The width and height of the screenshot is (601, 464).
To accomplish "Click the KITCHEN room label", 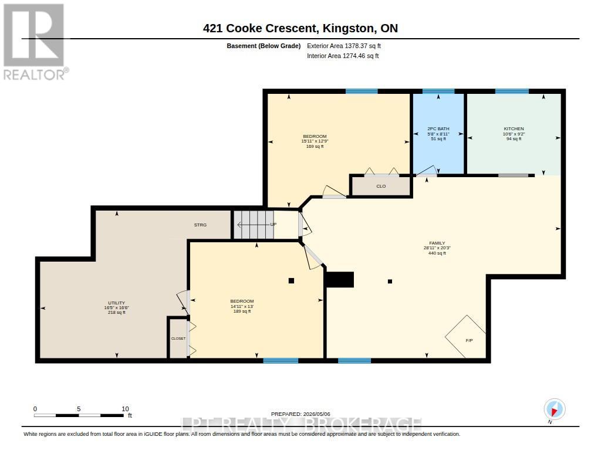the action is [x=514, y=128].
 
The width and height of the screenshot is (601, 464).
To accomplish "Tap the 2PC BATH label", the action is [x=438, y=128].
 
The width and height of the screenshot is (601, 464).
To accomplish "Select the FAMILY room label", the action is [x=437, y=243].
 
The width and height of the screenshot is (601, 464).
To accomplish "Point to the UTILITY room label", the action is [x=117, y=303].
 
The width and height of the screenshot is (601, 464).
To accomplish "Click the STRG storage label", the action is [x=200, y=225].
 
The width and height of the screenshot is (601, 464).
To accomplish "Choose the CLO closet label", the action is [x=381, y=186].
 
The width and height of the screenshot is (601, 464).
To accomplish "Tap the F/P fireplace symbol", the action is [x=465, y=336].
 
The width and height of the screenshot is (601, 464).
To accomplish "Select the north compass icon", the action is [x=554, y=409].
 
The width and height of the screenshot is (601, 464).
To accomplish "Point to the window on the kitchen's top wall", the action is [x=512, y=91].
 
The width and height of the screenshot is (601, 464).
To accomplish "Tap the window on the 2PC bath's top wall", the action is [x=438, y=91].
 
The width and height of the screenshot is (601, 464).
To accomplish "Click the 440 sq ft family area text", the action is [x=437, y=253].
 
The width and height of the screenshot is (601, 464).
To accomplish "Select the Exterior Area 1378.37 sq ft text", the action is [x=344, y=46].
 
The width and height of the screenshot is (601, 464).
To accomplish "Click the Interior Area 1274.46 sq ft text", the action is [x=343, y=56].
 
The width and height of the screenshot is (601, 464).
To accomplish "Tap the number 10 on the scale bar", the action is [x=125, y=409].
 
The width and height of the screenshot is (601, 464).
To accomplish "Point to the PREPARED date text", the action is [x=300, y=414].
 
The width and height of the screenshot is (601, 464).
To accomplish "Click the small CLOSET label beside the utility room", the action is [x=178, y=338].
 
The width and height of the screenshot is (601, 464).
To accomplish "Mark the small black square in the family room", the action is [x=390, y=282].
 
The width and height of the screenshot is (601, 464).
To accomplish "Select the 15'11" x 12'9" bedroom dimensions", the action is [x=315, y=141].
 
